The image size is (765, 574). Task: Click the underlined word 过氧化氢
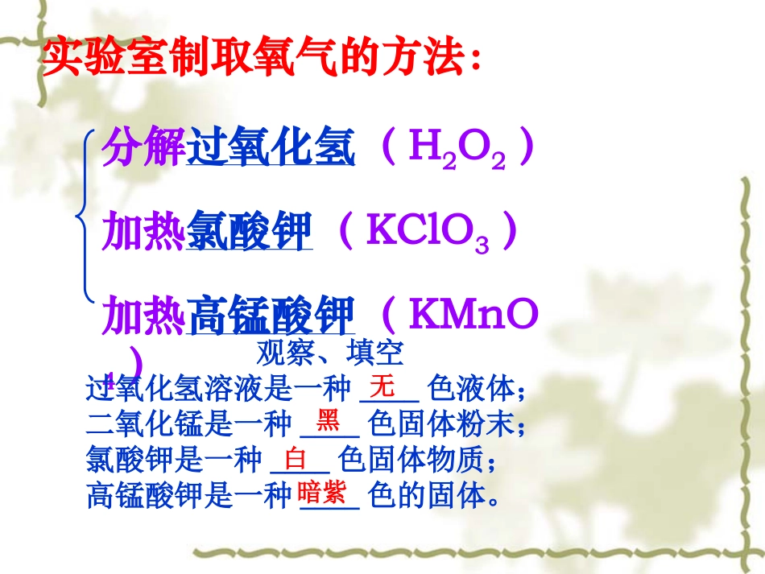(271, 149)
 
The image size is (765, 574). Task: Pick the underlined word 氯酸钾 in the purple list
(249, 233)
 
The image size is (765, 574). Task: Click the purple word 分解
(143, 149)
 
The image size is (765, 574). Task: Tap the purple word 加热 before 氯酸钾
(143, 233)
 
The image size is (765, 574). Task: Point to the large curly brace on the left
(83, 216)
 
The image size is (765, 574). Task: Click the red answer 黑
(328, 419)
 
